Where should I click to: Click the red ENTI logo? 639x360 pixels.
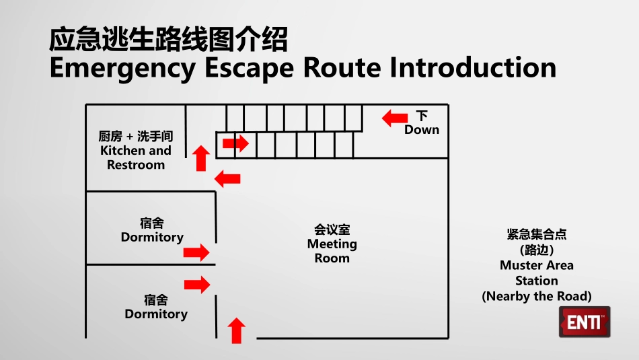pyautogui.click(x=585, y=322)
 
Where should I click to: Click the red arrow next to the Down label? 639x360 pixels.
pyautogui.click(x=394, y=118)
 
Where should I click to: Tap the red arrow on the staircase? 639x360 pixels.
pyautogui.click(x=235, y=143)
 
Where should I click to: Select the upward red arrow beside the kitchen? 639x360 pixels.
pyautogui.click(x=201, y=158)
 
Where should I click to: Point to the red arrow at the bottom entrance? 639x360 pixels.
pyautogui.click(x=236, y=330)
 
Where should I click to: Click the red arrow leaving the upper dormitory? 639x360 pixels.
pyautogui.click(x=196, y=252)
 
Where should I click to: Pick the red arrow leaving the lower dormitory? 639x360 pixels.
pyautogui.click(x=197, y=284)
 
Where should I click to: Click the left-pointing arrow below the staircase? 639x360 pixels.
pyautogui.click(x=227, y=178)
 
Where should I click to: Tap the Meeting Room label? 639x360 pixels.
pyautogui.click(x=332, y=244)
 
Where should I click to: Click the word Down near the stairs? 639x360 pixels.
pyautogui.click(x=422, y=130)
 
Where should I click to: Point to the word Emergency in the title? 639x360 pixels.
pyautogui.click(x=122, y=68)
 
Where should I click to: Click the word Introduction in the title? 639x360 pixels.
pyautogui.click(x=473, y=67)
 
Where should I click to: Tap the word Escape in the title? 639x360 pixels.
pyautogui.click(x=249, y=69)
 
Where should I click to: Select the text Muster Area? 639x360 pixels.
pyautogui.click(x=537, y=265)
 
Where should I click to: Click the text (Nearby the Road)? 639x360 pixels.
pyautogui.click(x=537, y=296)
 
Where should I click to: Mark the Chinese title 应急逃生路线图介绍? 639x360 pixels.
pyautogui.click(x=168, y=40)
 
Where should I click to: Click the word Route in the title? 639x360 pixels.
pyautogui.click(x=342, y=67)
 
